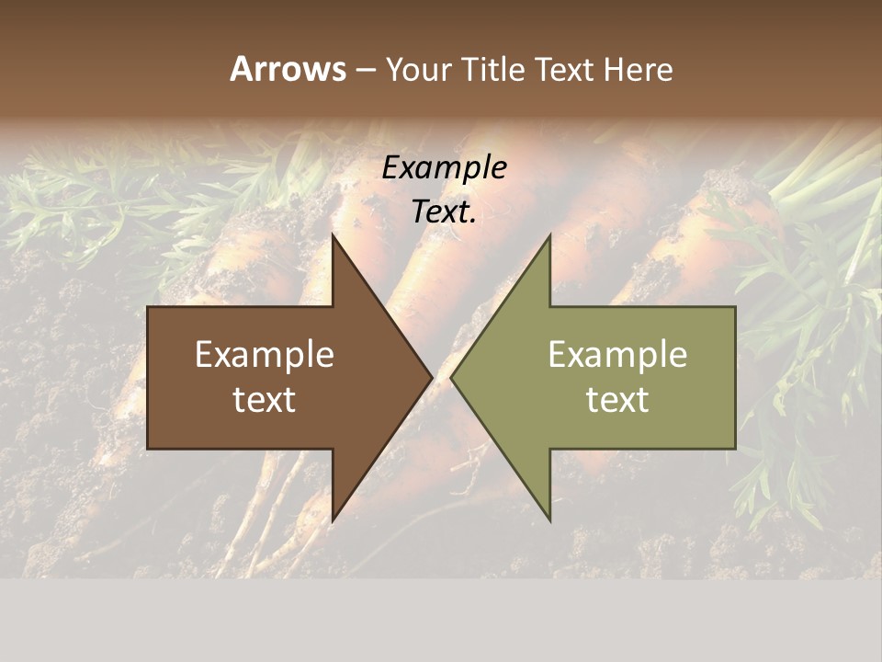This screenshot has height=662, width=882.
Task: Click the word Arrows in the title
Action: tap(288, 69)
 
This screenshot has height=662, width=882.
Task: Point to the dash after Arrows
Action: tap(365, 70)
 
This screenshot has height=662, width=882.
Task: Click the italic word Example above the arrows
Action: tap(445, 167)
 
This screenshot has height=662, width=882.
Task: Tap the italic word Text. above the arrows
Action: tap(445, 212)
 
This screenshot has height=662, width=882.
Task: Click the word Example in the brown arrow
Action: tap(265, 355)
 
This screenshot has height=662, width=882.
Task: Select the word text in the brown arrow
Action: tap(265, 400)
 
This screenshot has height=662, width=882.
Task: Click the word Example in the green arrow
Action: tap(617, 355)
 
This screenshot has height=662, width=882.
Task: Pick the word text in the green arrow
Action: tap(617, 400)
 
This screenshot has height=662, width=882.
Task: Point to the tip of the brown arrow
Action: tap(432, 378)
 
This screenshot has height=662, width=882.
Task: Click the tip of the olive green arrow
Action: tap(451, 378)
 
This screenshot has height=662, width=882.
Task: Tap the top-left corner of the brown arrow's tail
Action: tap(148, 308)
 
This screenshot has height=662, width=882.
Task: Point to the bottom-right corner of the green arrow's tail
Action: tap(735, 449)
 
